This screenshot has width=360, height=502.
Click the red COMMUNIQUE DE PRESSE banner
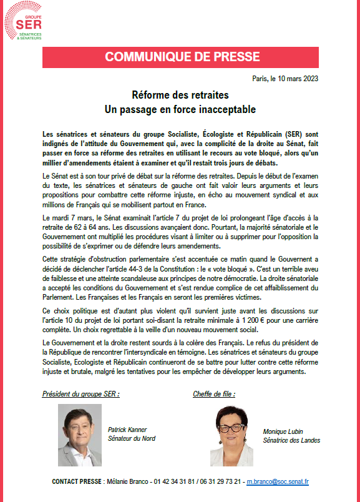180,57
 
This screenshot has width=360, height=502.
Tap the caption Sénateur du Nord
132,438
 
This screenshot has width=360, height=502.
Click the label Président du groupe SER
80,395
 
